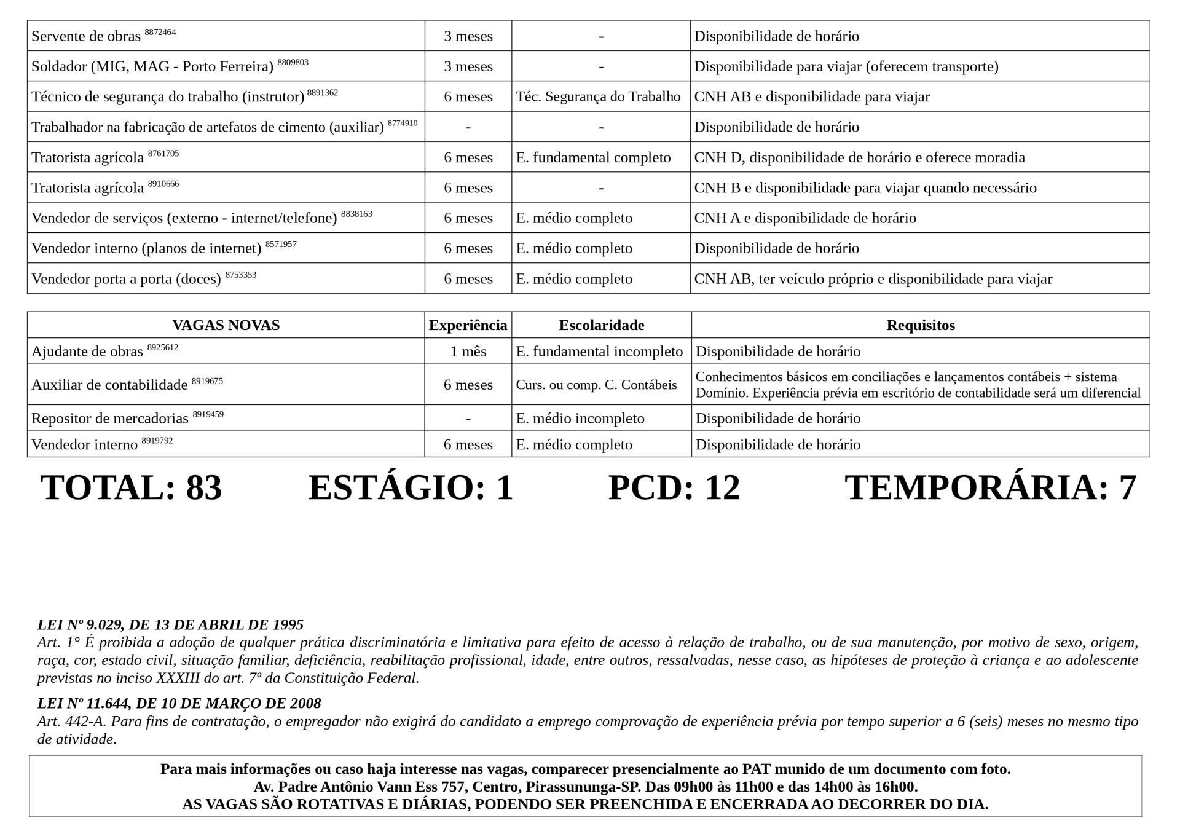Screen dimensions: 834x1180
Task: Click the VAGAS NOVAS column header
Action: tap(226, 325)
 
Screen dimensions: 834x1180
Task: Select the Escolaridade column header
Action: tap(601, 325)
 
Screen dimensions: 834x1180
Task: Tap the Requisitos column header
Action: tap(920, 325)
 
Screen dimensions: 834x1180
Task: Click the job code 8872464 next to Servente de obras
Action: tap(160, 32)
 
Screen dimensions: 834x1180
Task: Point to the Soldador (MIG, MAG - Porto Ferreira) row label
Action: tap(152, 66)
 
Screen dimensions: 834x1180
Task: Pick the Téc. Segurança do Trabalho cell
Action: tap(598, 96)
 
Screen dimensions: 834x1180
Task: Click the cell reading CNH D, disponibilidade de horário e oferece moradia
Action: tap(859, 157)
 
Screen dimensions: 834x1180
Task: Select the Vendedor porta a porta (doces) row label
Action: tap(126, 279)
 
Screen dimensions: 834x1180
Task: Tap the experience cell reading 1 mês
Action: tap(468, 352)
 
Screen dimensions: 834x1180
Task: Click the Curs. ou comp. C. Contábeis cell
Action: tap(596, 385)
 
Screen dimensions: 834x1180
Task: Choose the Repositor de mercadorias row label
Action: tap(110, 419)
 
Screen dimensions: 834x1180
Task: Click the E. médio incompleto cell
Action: tap(580, 419)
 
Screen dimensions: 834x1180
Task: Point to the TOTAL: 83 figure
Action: tap(131, 487)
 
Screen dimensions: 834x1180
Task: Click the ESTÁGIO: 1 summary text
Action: tap(410, 487)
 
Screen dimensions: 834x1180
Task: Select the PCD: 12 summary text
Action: tap(674, 487)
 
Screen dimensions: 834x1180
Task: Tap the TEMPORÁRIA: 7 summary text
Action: tap(990, 487)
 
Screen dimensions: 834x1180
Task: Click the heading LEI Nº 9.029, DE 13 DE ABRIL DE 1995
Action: tap(170, 624)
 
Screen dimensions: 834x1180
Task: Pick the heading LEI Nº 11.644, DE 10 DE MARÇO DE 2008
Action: tap(179, 703)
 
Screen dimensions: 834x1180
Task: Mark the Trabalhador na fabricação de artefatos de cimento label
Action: tap(207, 127)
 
